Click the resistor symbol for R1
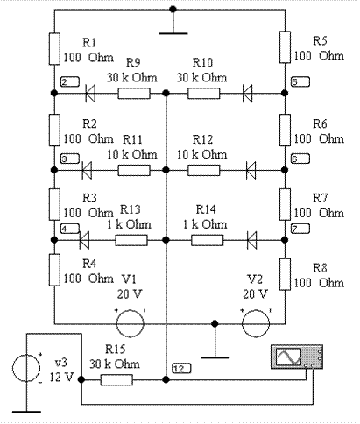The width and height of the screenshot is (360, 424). [54, 48]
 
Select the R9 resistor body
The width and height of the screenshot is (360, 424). [134, 94]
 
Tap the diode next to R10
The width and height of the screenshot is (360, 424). [248, 94]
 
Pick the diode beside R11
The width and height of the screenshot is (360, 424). [87, 170]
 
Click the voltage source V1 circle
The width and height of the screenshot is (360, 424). [131, 323]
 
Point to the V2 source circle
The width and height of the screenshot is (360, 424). [256, 323]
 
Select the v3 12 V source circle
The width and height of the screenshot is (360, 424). [26, 368]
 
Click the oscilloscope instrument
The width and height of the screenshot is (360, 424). [297, 357]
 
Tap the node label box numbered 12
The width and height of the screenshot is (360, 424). [181, 369]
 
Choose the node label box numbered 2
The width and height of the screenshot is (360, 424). [70, 81]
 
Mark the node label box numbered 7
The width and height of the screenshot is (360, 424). [300, 229]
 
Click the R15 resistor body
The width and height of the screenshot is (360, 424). [116, 379]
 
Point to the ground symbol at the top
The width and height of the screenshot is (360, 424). [173, 25]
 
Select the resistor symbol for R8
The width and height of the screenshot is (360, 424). [285, 274]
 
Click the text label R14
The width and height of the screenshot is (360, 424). [206, 209]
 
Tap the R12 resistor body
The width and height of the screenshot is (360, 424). [204, 170]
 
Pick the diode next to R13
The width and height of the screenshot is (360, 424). [84, 240]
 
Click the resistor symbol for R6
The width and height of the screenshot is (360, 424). [285, 130]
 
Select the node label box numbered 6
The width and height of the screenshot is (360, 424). [300, 159]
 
